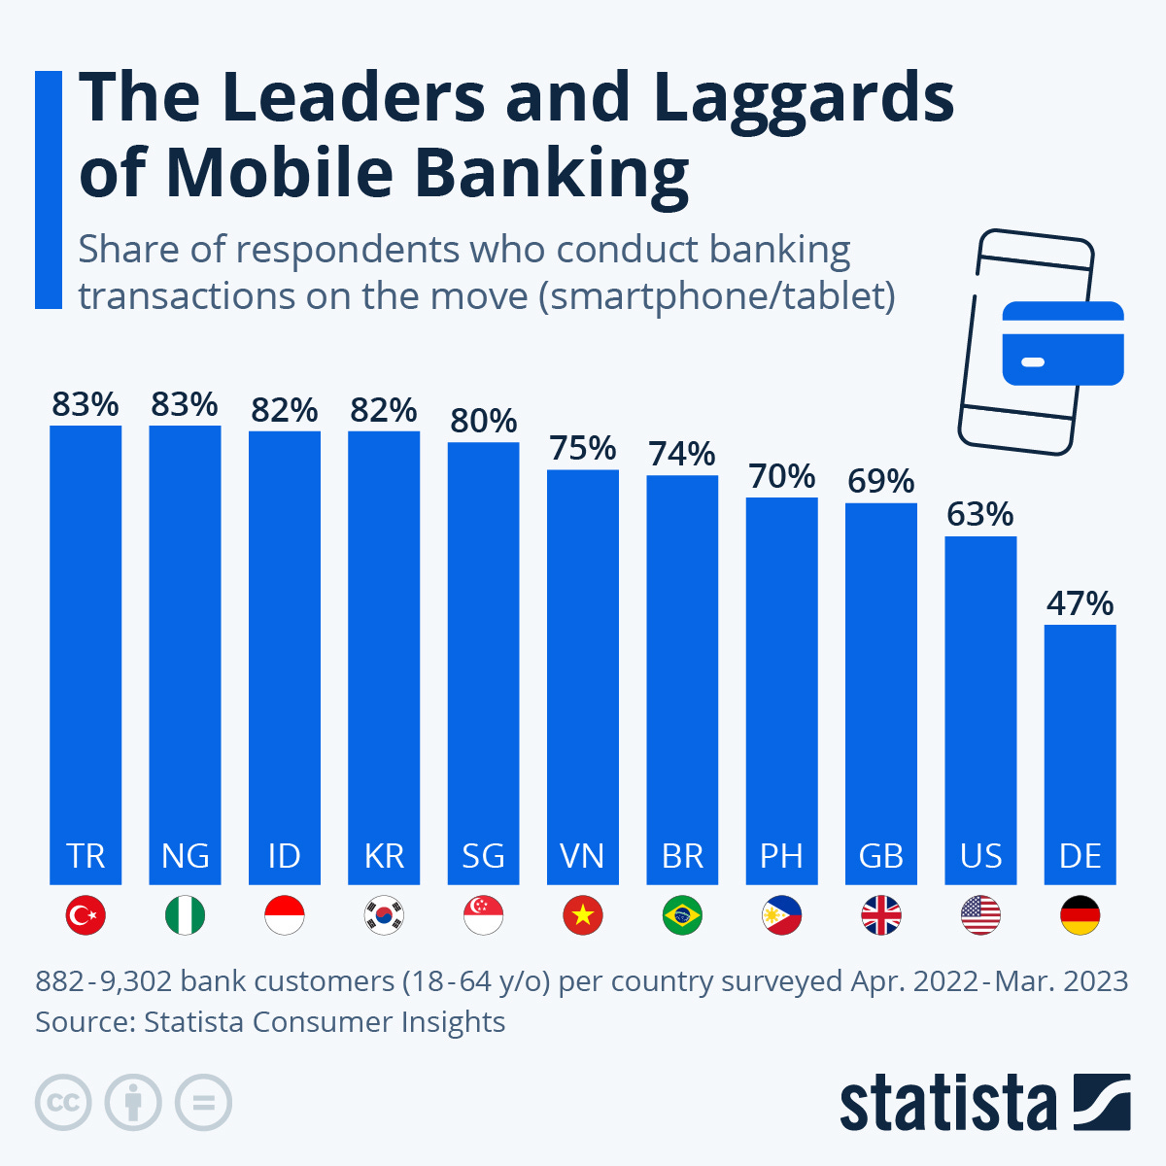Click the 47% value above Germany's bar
point(1080,603)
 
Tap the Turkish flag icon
point(86,915)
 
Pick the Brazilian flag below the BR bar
point(682,915)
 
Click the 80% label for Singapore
point(483,421)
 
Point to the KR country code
point(384,856)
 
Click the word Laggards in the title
point(804,98)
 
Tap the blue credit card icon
point(1062,343)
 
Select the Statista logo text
point(947,1105)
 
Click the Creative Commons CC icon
point(63,1103)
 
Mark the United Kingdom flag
point(881,915)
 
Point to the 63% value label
point(980,514)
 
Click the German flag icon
point(1080,915)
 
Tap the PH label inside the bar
point(781,856)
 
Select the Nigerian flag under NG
point(185,915)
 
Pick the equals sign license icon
point(204,1103)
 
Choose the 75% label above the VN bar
point(583,448)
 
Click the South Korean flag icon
point(384,915)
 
